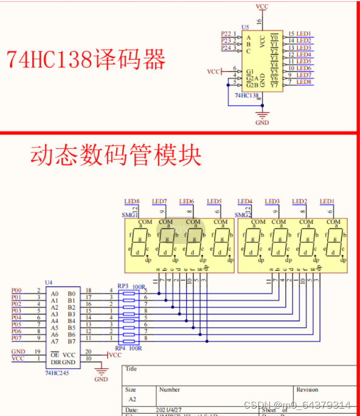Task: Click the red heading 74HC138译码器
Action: tap(86, 60)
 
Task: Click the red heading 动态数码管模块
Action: tap(116, 156)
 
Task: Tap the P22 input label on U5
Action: tap(226, 34)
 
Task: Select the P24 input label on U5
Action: tap(226, 47)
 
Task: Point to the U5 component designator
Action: tap(245, 27)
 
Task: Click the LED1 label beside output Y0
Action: tap(303, 34)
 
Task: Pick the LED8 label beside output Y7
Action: tap(303, 82)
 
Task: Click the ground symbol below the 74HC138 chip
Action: tap(262, 115)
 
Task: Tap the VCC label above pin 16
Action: tap(262, 6)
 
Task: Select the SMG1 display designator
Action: tap(131, 215)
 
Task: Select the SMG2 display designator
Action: tap(243, 215)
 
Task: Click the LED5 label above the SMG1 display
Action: tap(214, 201)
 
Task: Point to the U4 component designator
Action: tap(49, 283)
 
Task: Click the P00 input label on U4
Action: tap(16, 291)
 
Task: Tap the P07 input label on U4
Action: tap(16, 338)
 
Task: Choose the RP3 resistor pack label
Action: tap(122, 285)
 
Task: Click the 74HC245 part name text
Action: tap(57, 372)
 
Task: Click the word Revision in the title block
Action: tap(307, 389)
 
